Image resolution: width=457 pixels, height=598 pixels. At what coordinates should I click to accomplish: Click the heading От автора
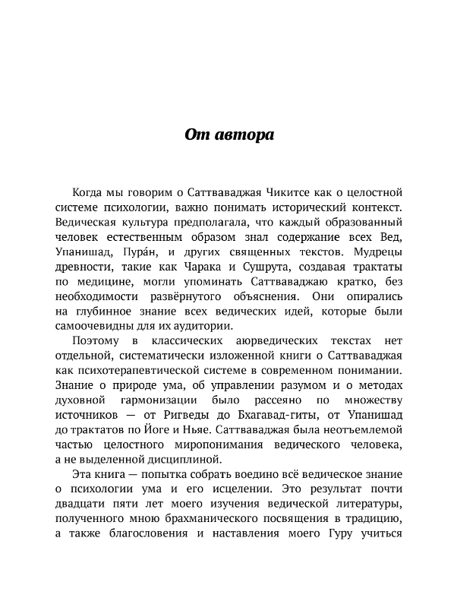pyautogui.click(x=228, y=135)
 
